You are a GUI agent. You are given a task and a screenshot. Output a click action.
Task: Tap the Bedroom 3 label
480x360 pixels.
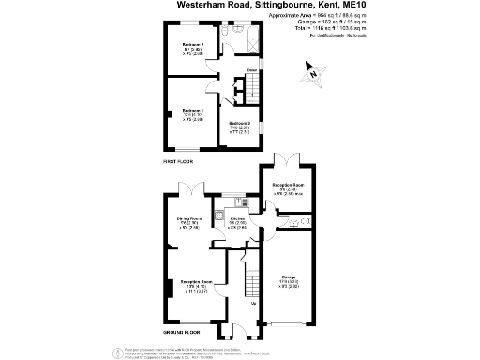(x=242, y=123)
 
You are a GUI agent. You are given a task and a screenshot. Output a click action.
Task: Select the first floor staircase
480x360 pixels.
(x=237, y=89)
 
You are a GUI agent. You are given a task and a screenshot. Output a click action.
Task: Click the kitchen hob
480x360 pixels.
(x=242, y=201)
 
